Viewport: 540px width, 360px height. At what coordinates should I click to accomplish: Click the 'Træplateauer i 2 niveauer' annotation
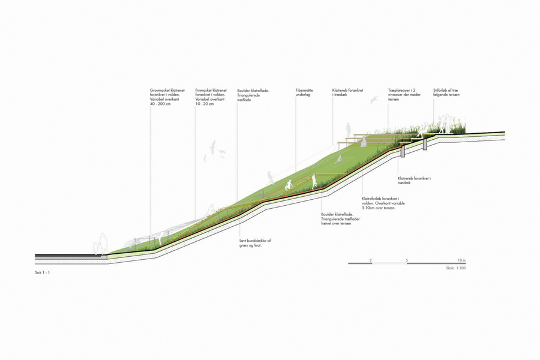404,95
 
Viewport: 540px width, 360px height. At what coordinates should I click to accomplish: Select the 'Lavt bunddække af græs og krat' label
254,242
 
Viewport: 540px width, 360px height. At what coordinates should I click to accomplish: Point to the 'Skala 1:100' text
456,268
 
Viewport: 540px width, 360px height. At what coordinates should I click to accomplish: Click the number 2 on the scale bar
371,260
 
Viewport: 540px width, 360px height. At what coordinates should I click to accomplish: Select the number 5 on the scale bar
407,260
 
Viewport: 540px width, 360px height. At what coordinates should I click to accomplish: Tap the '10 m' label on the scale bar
461,260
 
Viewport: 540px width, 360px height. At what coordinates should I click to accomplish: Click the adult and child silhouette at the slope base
101,244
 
